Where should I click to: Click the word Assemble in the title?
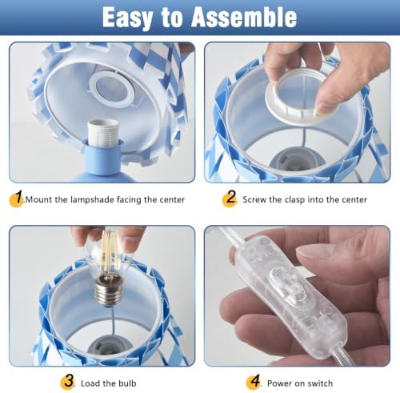pyautogui.click(x=244, y=17)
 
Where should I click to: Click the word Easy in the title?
pyautogui.click(x=127, y=18)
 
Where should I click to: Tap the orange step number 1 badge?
pyautogui.click(x=17, y=199)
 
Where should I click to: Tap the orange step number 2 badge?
pyautogui.click(x=230, y=199)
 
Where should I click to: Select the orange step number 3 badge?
pyautogui.click(x=68, y=382)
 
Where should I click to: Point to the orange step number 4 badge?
pyautogui.click(x=254, y=382)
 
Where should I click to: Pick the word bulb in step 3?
pyautogui.click(x=127, y=383)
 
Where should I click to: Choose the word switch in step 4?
pyautogui.click(x=320, y=383)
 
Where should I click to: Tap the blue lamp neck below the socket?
pyautogui.click(x=102, y=158)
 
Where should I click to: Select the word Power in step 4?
pyautogui.click(x=279, y=383)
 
